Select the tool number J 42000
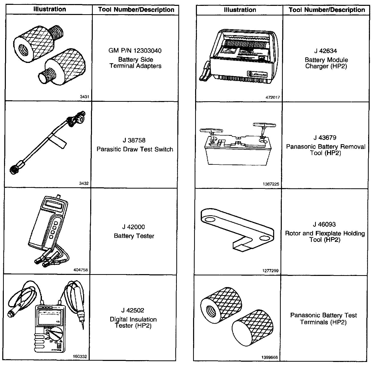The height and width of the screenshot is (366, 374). coord(134,227)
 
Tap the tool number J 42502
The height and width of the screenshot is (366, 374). coord(133,310)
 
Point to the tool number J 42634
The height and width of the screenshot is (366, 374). coord(325,51)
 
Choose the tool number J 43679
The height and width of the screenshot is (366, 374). coord(325,138)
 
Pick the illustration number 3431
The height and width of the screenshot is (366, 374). coord(84,97)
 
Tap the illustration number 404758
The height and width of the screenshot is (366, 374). coord(81,270)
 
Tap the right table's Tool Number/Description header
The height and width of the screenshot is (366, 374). coord(327,10)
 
